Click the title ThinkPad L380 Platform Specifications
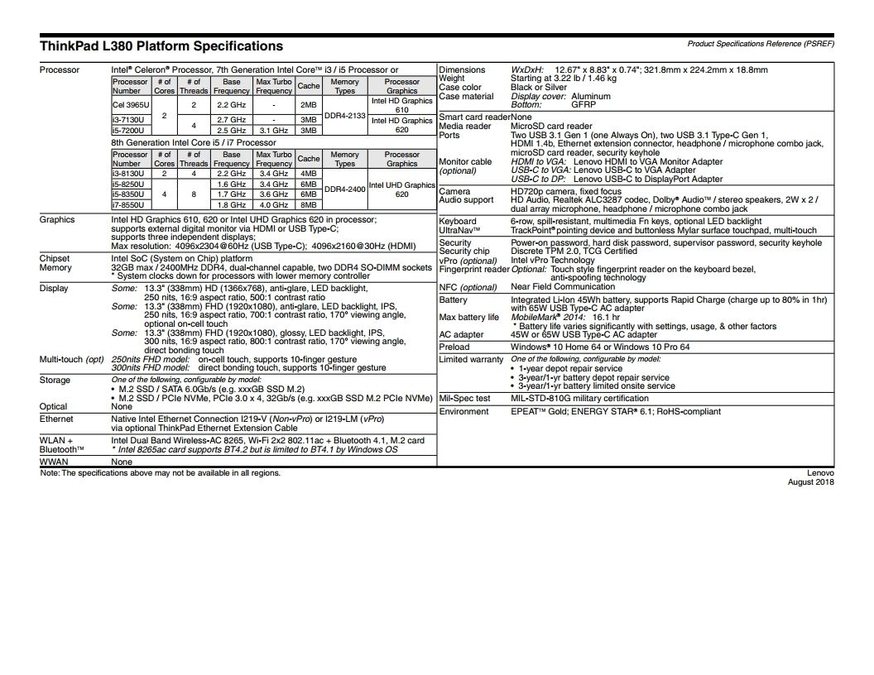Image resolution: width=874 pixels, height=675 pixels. point(161,46)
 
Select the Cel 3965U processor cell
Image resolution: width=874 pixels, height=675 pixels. point(131,106)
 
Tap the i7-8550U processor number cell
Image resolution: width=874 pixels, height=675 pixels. point(128,204)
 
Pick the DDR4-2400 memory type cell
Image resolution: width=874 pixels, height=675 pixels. point(344,189)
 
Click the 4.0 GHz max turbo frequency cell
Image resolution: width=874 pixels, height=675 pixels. point(273,204)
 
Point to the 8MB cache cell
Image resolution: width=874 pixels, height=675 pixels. point(309,204)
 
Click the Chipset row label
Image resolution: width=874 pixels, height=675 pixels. point(55,259)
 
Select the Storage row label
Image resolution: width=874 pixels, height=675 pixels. point(55,381)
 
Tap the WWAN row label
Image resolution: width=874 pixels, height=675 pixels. point(54,462)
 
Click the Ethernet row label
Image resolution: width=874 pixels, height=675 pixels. point(56,420)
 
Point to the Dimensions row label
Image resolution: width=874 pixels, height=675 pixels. point(462,70)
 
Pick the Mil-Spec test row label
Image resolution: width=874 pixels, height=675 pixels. point(464,399)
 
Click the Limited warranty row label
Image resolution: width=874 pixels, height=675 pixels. point(471,360)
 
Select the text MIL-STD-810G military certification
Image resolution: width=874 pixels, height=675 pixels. point(579,399)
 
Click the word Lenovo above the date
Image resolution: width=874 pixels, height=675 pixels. point(820,473)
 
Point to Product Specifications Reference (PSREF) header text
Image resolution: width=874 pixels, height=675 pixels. point(761,43)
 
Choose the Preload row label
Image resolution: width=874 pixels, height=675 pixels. point(454,347)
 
